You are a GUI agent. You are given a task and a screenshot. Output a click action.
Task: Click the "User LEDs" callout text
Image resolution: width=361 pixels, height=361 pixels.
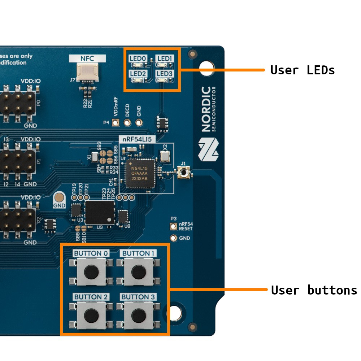click(x=303, y=70)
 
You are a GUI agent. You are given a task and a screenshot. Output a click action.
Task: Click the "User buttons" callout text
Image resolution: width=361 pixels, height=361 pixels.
click(x=314, y=290)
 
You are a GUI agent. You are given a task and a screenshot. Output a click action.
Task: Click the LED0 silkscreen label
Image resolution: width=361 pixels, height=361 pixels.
click(x=138, y=58)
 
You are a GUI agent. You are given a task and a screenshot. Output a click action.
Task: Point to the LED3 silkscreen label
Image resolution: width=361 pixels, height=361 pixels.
click(x=165, y=74)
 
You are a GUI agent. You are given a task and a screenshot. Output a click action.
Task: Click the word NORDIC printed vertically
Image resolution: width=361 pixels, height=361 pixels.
click(x=206, y=109)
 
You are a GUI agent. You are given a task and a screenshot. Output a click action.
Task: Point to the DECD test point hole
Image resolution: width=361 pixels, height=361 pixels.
click(x=127, y=122)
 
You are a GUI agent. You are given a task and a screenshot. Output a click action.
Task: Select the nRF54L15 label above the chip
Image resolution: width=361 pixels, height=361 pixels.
click(x=137, y=139)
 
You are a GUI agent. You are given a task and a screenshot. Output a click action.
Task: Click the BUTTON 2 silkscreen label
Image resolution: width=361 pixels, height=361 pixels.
click(x=91, y=297)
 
